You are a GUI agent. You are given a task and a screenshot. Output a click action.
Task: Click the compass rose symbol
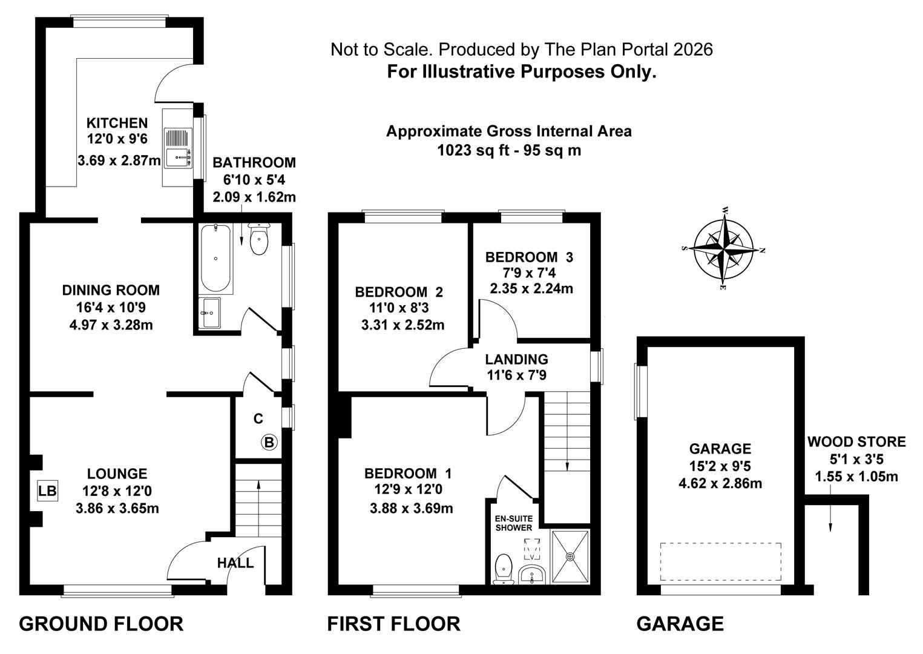click(x=724, y=249)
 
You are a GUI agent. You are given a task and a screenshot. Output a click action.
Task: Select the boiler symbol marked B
click(x=269, y=443)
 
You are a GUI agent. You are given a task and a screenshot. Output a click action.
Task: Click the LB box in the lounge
click(x=47, y=490)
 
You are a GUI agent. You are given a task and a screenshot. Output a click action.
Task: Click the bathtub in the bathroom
click(x=215, y=257)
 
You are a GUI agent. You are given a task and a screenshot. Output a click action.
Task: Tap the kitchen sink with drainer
click(x=178, y=148)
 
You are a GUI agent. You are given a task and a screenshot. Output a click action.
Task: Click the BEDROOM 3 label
click(x=529, y=257)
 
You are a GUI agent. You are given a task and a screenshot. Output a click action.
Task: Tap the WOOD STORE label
click(x=856, y=442)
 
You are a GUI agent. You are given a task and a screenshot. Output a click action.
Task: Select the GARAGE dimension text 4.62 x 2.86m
click(x=720, y=484)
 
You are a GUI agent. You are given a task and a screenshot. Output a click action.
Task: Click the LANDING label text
click(x=516, y=360)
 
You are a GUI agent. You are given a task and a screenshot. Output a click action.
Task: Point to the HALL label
click(x=235, y=563)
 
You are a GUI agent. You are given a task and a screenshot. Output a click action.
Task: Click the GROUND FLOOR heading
click(x=101, y=624)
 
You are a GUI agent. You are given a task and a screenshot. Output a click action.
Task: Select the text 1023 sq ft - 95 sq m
click(x=509, y=150)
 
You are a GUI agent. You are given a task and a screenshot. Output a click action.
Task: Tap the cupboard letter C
click(x=258, y=418)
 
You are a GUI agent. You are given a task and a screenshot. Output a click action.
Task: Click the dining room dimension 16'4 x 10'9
click(x=111, y=308)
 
